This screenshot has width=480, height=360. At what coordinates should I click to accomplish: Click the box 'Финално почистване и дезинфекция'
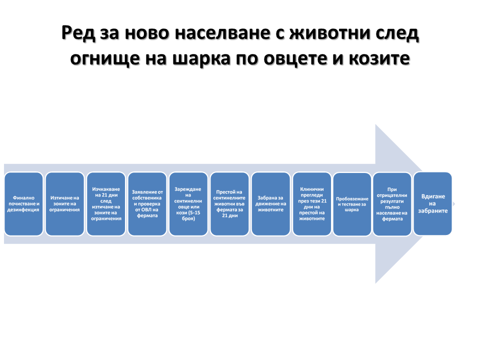click(x=23, y=204)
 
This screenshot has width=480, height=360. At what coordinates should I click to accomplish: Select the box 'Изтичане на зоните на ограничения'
click(x=64, y=204)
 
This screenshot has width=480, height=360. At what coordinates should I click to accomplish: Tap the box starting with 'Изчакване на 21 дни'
click(x=105, y=204)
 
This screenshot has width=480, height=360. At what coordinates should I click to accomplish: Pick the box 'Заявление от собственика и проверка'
click(x=147, y=204)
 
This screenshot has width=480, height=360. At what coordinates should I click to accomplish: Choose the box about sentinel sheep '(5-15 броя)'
click(x=188, y=204)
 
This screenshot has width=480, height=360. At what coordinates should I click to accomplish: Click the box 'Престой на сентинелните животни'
click(x=229, y=204)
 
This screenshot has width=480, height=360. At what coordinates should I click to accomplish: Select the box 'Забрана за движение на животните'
click(x=270, y=204)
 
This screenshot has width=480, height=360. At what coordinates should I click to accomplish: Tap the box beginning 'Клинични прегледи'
click(x=312, y=204)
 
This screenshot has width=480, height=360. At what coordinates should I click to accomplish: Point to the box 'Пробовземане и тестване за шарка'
click(x=352, y=204)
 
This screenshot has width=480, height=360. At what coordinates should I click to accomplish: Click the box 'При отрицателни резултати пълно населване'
click(x=392, y=204)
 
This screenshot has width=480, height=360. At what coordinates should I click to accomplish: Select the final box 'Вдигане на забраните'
click(x=433, y=203)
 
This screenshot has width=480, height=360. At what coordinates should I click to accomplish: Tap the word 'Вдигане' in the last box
click(x=433, y=196)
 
